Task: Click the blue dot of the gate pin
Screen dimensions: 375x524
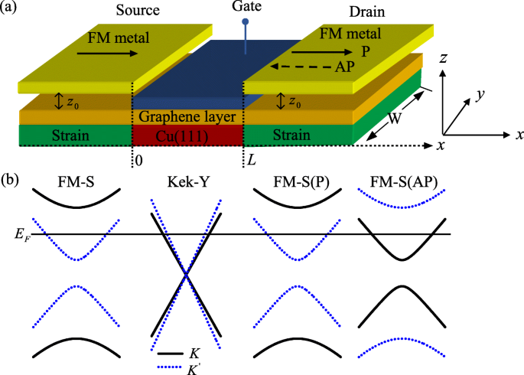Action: click(245, 21)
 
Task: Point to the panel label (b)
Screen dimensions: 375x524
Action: click(11, 181)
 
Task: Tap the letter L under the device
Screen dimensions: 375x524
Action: click(250, 161)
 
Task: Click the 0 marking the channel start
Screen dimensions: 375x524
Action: click(138, 161)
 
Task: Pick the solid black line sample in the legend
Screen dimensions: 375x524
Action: click(170, 354)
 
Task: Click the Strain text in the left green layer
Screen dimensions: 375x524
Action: click(73, 136)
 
